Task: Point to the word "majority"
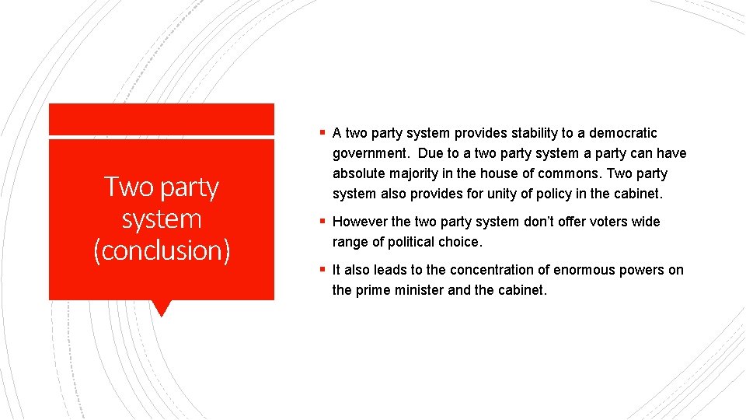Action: pos(416,173)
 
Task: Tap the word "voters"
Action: pos(604,222)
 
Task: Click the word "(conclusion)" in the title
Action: pos(162,250)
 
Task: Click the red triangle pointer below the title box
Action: pos(162,308)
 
